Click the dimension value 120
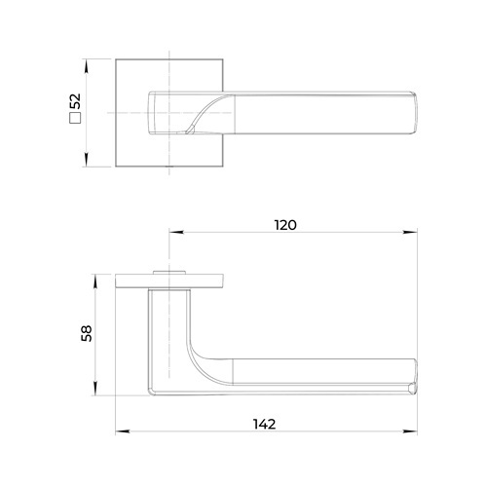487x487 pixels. [285, 225]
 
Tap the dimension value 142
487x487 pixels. [264, 424]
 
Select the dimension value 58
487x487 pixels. [87, 333]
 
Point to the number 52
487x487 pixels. [75, 101]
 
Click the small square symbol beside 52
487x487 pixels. [75, 118]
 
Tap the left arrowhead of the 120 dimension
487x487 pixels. [176, 232]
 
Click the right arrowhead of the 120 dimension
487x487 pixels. [410, 232]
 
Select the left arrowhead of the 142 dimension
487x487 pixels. [123, 431]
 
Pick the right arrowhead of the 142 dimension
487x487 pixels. [410, 431]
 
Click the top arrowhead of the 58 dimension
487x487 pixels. [95, 281]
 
